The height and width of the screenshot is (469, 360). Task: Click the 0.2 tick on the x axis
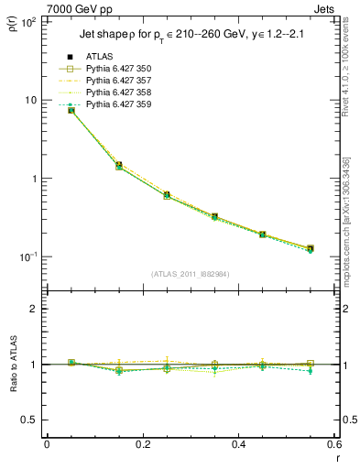[143, 444]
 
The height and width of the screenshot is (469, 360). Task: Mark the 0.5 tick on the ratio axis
[29, 420]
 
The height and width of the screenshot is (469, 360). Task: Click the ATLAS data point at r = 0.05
[71, 110]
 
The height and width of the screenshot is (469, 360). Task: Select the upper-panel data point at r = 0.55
[311, 248]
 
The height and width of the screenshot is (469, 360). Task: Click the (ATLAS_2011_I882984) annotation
[190, 273]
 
